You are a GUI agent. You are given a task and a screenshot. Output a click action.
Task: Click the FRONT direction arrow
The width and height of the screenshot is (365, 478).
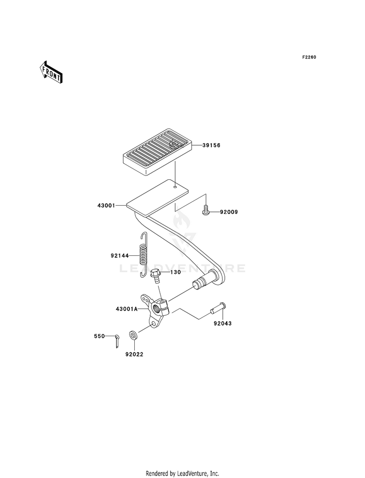click(x=51, y=72)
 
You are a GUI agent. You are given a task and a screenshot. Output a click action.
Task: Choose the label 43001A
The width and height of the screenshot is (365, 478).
click(x=127, y=309)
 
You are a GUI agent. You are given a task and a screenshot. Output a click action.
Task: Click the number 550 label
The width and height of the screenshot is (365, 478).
click(x=100, y=336)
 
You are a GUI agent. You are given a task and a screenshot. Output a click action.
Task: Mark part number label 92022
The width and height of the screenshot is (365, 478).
click(x=133, y=355)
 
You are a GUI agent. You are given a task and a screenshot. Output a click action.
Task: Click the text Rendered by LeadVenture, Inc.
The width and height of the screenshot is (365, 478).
click(x=182, y=473)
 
